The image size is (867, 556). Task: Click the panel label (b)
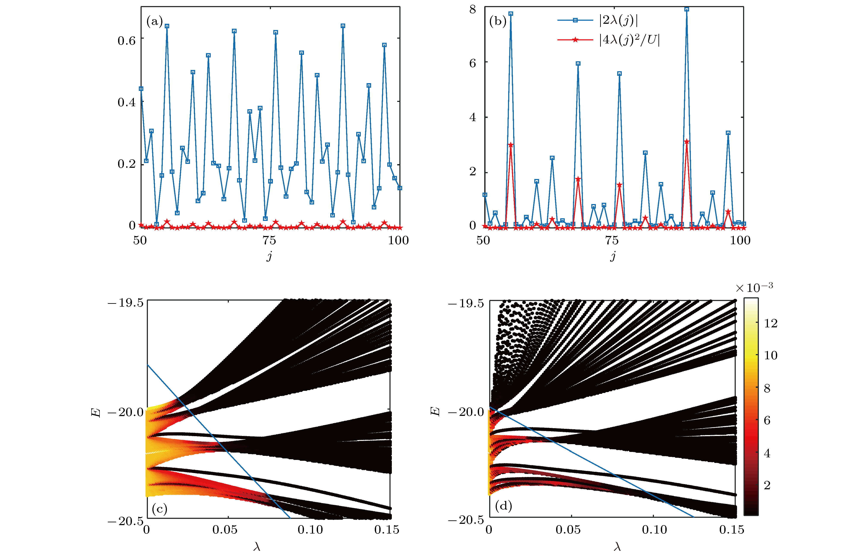pos(497,22)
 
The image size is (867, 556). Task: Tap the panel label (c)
pos(159,509)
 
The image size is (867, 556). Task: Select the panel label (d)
pos(503,506)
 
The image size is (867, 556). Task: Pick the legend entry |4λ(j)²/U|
pos(629,40)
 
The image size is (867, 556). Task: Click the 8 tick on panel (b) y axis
pos(473,9)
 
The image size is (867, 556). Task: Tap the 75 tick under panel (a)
pos(269,241)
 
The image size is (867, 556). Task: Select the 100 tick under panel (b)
pos(740,241)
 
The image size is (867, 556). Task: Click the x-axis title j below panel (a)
pos(269,256)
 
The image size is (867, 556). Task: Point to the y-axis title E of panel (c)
pos(96,412)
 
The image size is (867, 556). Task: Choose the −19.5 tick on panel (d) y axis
pos(466,304)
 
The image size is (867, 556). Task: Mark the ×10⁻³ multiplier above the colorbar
pos(754,288)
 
